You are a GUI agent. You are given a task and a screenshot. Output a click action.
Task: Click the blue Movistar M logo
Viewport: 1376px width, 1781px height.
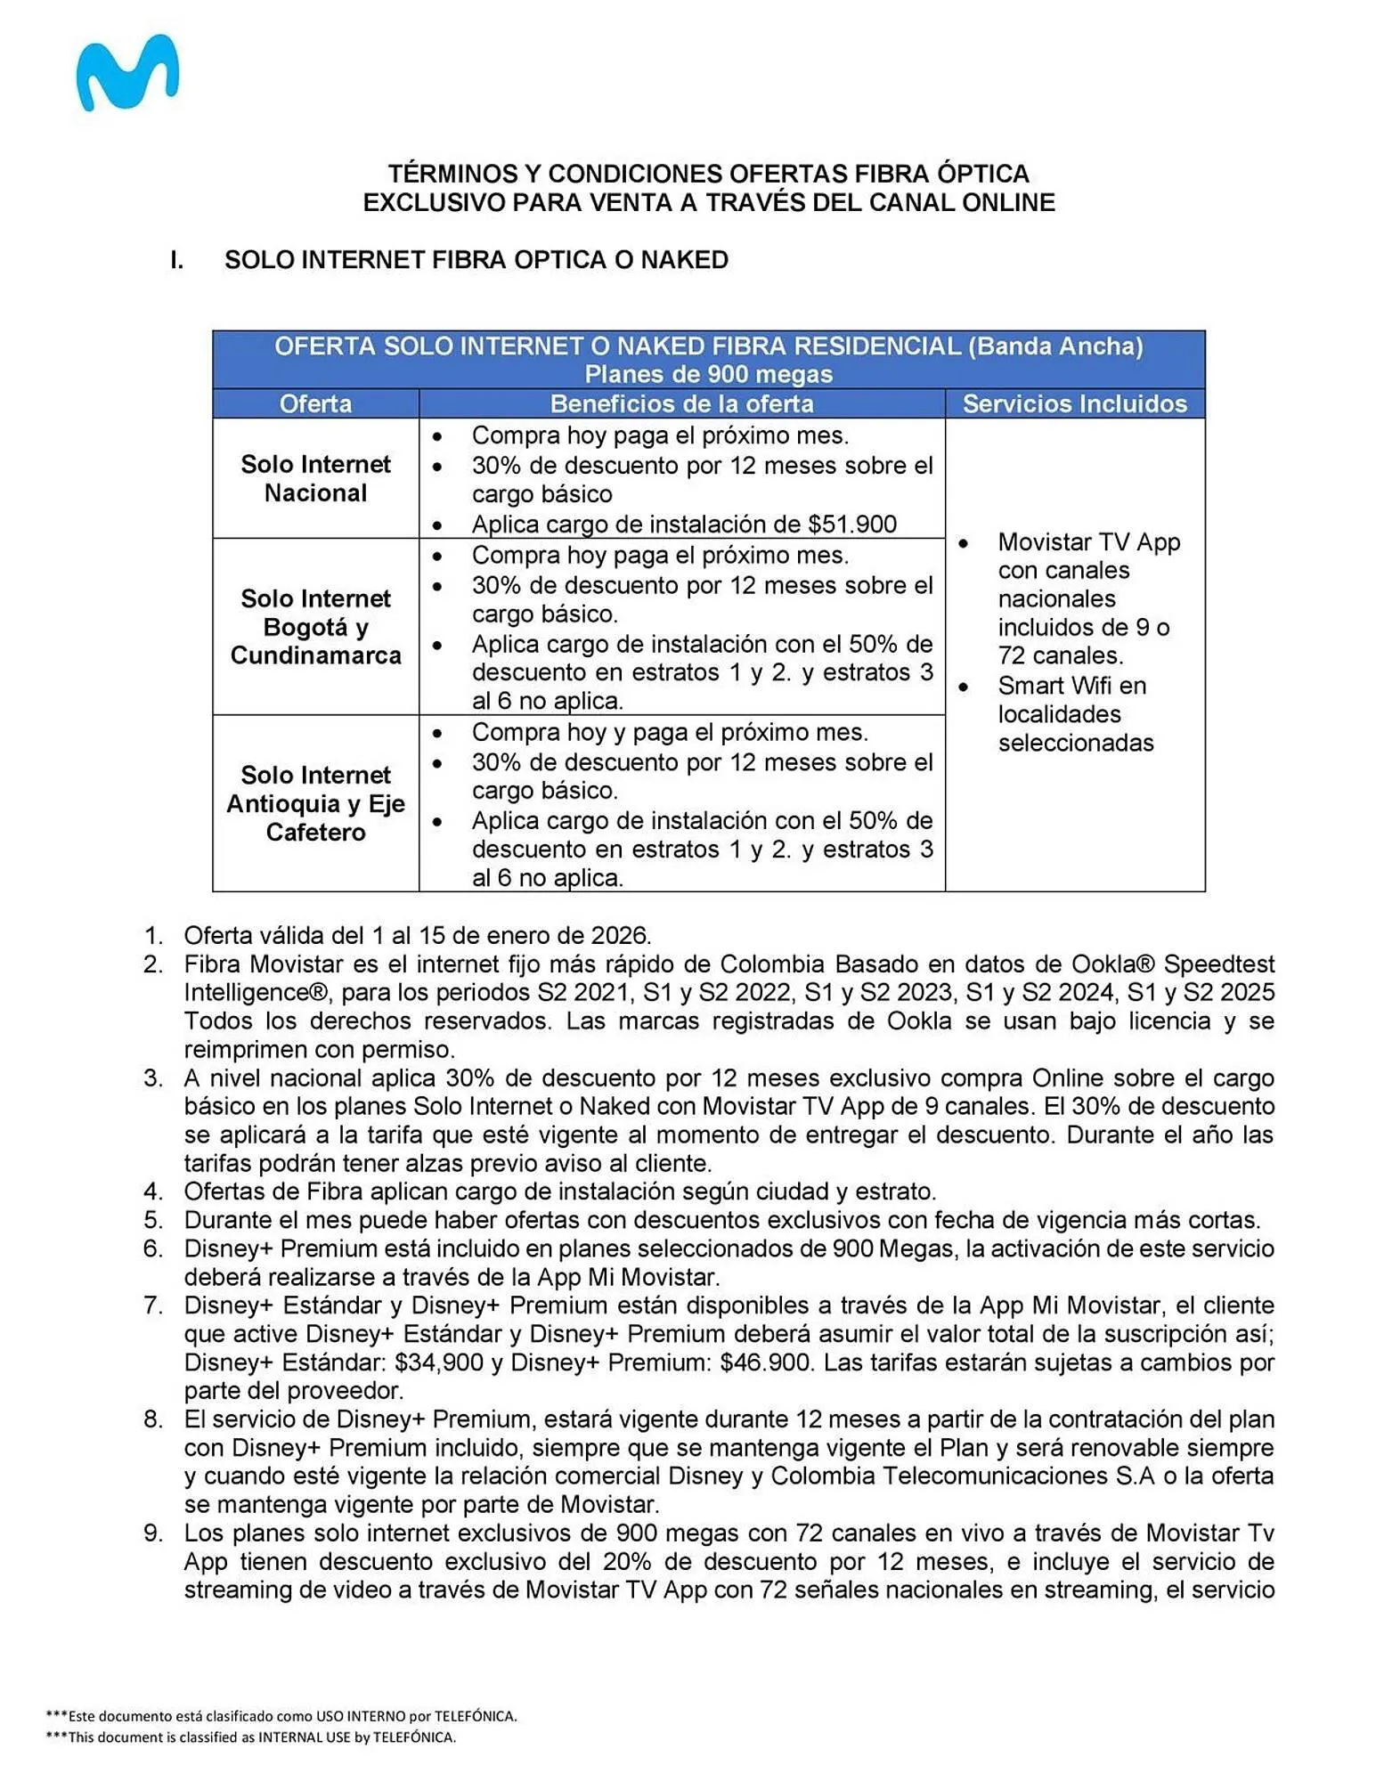coord(127,73)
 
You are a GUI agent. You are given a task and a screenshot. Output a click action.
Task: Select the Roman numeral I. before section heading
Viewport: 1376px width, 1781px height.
coord(177,260)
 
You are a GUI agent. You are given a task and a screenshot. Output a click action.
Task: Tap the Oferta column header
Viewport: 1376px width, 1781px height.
coord(315,404)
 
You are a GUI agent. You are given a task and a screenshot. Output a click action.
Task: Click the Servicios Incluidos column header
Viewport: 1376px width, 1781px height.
coord(1074,404)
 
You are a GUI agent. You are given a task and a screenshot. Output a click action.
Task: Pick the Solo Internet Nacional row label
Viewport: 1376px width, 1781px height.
coord(315,478)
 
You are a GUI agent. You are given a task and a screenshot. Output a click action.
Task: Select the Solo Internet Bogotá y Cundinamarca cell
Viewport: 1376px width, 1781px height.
coord(315,627)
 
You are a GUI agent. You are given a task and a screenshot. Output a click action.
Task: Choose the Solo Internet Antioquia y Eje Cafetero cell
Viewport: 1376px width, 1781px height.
coord(315,803)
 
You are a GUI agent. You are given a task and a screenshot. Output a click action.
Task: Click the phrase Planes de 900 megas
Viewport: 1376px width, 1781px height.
coord(708,374)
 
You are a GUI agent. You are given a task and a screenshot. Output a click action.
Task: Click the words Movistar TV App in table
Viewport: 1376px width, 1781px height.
coord(1088,542)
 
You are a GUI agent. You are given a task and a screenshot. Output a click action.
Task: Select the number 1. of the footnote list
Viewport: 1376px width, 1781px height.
coord(154,936)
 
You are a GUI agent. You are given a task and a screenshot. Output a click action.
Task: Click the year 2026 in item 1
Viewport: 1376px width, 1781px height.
coord(620,936)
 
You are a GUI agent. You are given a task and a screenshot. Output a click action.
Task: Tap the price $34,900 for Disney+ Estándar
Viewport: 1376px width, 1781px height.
coord(438,1362)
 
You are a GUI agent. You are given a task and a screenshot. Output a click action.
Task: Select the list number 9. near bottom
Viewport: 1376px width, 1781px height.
coord(154,1533)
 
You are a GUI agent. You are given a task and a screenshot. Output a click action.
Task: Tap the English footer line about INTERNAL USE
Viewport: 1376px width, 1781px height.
coord(251,1737)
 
